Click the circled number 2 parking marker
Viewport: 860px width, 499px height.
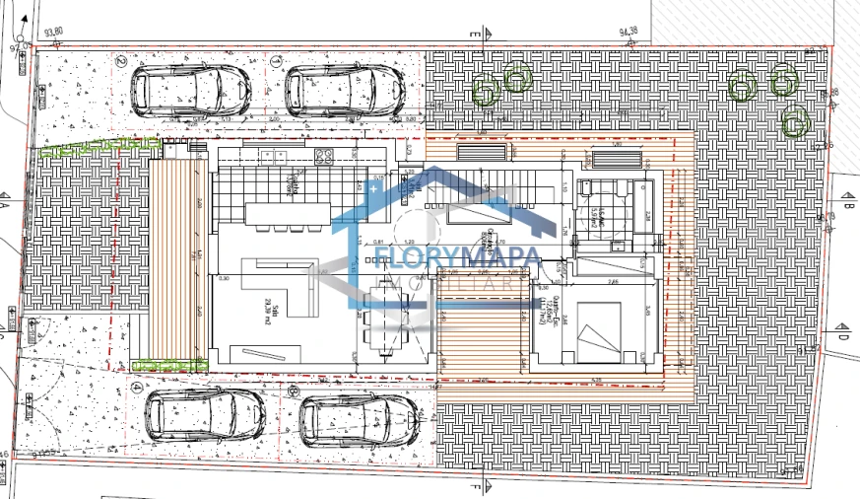point(121,60)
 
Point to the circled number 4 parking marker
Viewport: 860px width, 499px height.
point(136,387)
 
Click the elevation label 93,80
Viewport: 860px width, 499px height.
point(54,32)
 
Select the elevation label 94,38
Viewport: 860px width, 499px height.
point(628,32)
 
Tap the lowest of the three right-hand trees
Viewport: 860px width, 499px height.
point(794,122)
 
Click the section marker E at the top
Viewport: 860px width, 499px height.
point(476,34)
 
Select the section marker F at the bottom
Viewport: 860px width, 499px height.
point(476,486)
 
